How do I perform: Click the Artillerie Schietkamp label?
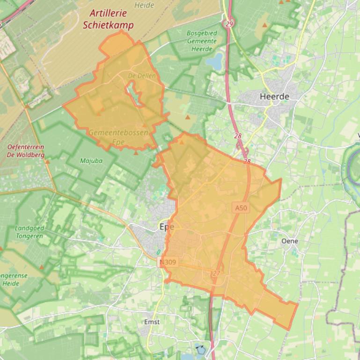(108, 20)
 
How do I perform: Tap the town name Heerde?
(274, 96)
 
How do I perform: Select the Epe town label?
(167, 226)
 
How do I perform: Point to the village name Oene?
(289, 241)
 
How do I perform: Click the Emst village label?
(152, 322)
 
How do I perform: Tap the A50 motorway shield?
(240, 208)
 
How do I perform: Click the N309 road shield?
(168, 262)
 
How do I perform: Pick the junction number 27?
(216, 273)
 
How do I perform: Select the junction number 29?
(229, 23)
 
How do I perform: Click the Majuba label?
(91, 161)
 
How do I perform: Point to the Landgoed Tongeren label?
(29, 232)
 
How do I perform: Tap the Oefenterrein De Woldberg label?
(26, 151)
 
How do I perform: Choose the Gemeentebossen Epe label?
(118, 137)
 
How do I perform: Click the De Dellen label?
(142, 75)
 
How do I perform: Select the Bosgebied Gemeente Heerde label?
(201, 41)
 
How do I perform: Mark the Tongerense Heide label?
(14, 279)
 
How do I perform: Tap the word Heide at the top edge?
(144, 5)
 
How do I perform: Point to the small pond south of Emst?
(200, 349)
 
